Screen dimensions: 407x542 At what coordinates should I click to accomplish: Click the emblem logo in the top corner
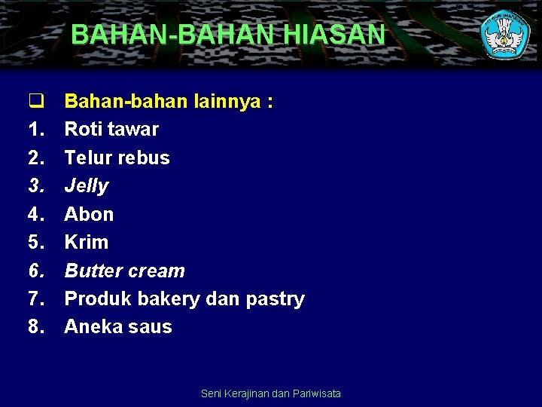(505, 34)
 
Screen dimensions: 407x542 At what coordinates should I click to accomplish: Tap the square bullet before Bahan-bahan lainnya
(34, 101)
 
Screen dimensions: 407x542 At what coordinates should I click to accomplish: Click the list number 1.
(36, 130)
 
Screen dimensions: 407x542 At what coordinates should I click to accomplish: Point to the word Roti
(84, 130)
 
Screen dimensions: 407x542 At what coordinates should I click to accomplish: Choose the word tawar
(133, 130)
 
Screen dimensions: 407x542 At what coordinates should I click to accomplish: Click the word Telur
(87, 158)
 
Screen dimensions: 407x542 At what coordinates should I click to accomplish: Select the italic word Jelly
(87, 186)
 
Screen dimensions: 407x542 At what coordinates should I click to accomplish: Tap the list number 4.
(36, 214)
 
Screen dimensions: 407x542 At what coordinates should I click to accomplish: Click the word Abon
(89, 214)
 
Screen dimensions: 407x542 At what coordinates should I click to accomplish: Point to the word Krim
(86, 242)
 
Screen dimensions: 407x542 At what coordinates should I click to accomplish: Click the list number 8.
(36, 327)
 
